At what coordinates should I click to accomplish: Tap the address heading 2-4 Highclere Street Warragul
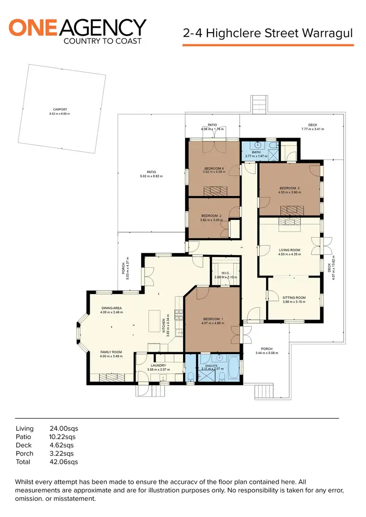coord(267,34)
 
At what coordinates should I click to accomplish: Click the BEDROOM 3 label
coord(289,188)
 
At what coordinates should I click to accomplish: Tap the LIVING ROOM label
coord(289,250)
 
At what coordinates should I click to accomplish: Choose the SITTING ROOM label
coord(294,298)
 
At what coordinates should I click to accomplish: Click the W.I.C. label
coord(225,273)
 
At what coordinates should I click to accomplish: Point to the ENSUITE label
coord(211,365)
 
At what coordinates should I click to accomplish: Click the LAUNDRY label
coord(158,365)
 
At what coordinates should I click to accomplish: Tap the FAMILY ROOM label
coord(111,352)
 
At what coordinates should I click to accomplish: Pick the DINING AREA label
coord(112,308)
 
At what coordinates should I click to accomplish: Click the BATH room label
coord(256,152)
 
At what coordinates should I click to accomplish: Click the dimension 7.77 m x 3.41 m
coord(312,129)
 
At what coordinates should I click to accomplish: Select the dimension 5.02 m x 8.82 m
coord(151,176)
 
